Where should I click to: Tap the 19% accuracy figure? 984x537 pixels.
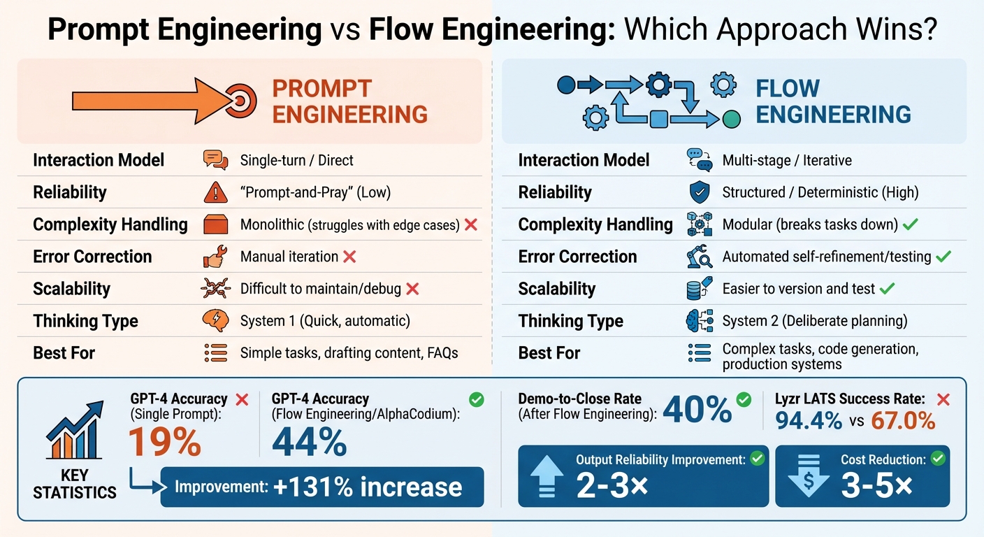point(165,441)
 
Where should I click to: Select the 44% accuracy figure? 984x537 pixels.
point(309,441)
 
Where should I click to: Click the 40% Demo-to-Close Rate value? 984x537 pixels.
point(696,409)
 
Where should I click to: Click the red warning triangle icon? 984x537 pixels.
point(215,192)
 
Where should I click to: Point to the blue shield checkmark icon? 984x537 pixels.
point(699,192)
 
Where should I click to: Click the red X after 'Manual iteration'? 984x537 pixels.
point(349,257)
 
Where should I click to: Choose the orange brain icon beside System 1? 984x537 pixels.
point(215,321)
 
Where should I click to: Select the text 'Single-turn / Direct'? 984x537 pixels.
point(296,160)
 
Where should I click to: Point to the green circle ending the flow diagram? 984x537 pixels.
point(731,119)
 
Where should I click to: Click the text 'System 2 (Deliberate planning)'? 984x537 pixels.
point(814,321)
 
